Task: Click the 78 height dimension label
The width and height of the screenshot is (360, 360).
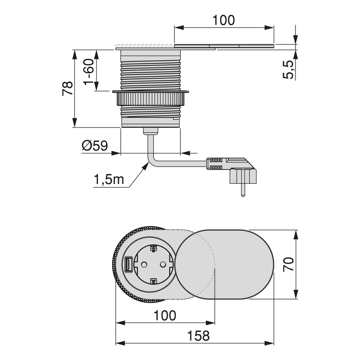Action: pyautogui.click(x=67, y=88)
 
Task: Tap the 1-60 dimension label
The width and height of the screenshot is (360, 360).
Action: pyautogui.click(x=89, y=72)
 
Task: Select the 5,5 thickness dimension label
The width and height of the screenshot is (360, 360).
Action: pyautogui.click(x=288, y=70)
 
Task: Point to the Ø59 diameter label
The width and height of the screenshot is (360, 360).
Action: pyautogui.click(x=95, y=146)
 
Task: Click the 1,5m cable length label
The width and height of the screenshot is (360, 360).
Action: pyautogui.click(x=109, y=179)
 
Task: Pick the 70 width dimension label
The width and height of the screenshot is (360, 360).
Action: pyautogui.click(x=288, y=264)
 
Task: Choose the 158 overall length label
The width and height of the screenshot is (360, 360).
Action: pyautogui.click(x=199, y=336)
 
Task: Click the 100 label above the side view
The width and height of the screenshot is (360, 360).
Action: pyautogui.click(x=224, y=20)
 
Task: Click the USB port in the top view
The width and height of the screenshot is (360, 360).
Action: pyautogui.click(x=128, y=264)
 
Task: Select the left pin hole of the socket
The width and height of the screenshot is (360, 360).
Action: pyautogui.click(x=144, y=265)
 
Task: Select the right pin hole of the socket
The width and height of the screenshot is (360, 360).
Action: pyautogui.click(x=163, y=265)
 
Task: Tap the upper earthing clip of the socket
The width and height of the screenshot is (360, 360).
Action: pyautogui.click(x=153, y=249)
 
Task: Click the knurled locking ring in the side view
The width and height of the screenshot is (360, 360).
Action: pyautogui.click(x=150, y=98)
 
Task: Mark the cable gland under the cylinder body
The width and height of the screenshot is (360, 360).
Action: pyautogui.click(x=150, y=131)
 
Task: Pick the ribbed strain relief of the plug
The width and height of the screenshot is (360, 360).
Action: pyautogui.click(x=215, y=163)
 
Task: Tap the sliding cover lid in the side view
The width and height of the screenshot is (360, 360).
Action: pyautogui.click(x=224, y=46)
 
